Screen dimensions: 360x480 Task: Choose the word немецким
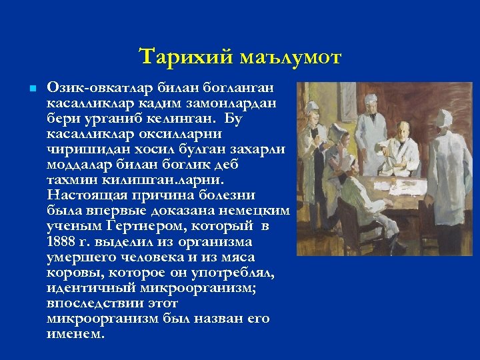click(x=255, y=211)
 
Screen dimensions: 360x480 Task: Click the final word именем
click(x=75, y=334)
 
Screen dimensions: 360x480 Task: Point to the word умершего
click(x=82, y=257)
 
